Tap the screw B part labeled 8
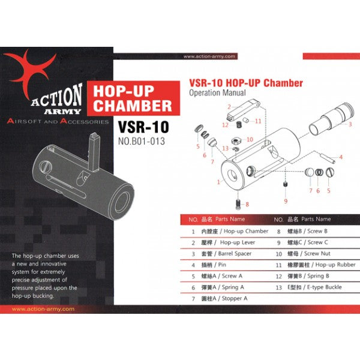[239, 203]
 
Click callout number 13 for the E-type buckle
[225, 148]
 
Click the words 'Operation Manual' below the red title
[217, 94]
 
